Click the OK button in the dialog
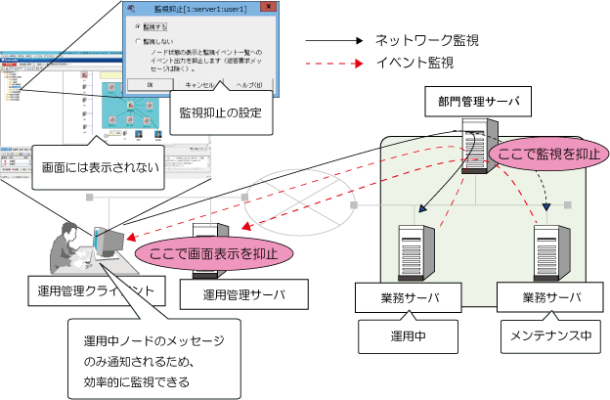tap(150, 85)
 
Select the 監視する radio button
tap(139, 27)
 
